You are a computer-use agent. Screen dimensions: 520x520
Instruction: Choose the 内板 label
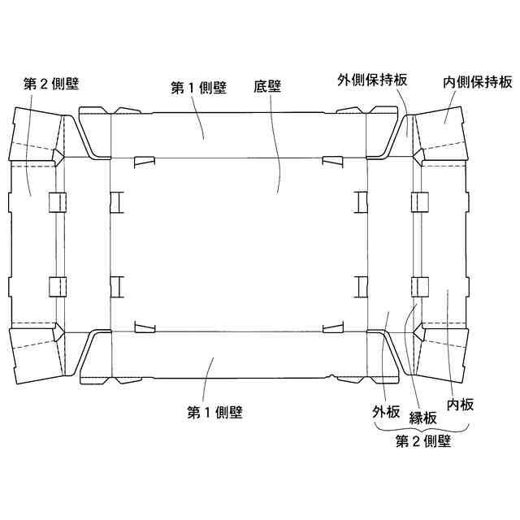pyautogui.click(x=460, y=404)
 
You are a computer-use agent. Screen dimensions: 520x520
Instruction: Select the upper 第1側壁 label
pyautogui.click(x=200, y=88)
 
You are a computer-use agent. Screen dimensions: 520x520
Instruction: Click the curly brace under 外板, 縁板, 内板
pyautogui.click(x=422, y=428)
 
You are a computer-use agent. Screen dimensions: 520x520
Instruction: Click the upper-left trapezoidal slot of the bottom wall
pyautogui.click(x=143, y=161)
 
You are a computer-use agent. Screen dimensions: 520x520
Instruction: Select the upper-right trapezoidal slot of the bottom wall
pyautogui.click(x=331, y=161)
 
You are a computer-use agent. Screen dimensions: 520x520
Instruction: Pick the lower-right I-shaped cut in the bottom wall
pyautogui.click(x=360, y=285)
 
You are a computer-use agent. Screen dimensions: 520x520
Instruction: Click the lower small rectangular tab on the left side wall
pyautogui.click(x=57, y=286)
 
